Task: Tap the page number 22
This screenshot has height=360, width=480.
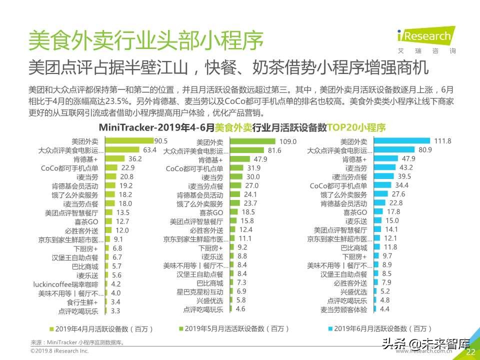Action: pos(470,352)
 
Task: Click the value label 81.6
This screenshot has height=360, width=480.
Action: pos(275,150)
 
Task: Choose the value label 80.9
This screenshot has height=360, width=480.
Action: pos(425,149)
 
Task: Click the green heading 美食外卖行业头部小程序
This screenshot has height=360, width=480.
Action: pos(145,41)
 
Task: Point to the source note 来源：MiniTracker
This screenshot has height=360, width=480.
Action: pos(77,342)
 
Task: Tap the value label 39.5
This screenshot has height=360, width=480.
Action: pos(404,176)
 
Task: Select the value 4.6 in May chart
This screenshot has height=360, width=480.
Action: pos(240,309)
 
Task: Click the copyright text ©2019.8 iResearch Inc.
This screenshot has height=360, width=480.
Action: pos(59,352)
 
